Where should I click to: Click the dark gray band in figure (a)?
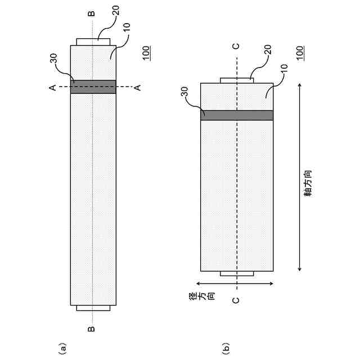[x=93, y=87]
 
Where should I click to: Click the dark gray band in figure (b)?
[x=237, y=115]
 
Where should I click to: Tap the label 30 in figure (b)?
[x=184, y=92]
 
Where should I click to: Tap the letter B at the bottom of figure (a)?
[x=92, y=329]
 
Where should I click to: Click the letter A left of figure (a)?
[x=52, y=87]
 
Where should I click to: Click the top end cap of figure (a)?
[x=93, y=42]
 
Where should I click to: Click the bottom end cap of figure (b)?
[x=237, y=274]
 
